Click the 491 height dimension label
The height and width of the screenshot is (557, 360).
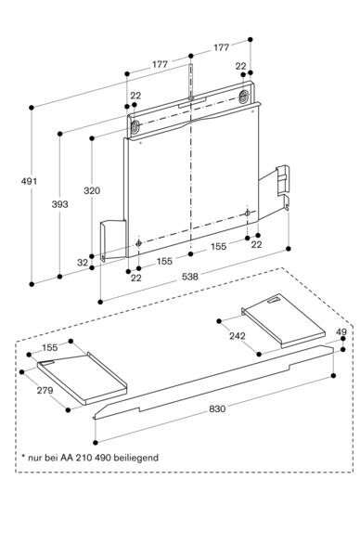click(x=29, y=181)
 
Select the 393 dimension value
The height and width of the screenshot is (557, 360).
click(x=59, y=204)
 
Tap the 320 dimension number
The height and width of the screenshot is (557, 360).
click(x=92, y=190)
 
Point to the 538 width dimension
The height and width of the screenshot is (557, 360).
click(x=190, y=277)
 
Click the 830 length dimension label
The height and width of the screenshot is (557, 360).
click(x=217, y=408)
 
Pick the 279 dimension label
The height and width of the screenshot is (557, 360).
click(x=45, y=391)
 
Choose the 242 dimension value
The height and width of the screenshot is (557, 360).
click(x=238, y=336)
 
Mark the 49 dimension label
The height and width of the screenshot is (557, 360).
click(x=341, y=331)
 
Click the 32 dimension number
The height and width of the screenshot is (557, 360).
click(x=83, y=263)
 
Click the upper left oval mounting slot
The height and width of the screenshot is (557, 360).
click(x=135, y=126)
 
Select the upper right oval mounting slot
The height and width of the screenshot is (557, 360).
click(x=243, y=96)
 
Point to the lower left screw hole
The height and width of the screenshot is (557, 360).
click(x=139, y=243)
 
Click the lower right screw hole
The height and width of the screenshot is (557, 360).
click(x=248, y=214)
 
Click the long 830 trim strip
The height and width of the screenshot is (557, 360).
click(x=213, y=382)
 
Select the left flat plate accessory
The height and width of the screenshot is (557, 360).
click(x=82, y=379)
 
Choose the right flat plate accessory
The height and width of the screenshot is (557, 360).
click(x=283, y=320)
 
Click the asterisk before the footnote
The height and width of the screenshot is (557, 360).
click(x=23, y=456)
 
